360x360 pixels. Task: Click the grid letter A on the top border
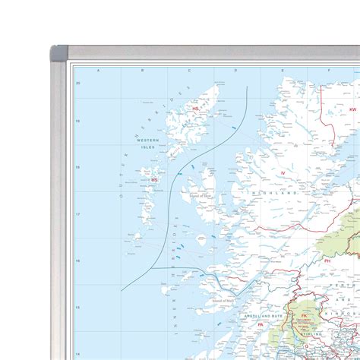(98, 71)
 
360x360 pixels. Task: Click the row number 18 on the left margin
(77, 168)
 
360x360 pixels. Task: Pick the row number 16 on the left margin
(77, 261)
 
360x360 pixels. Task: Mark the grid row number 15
(77, 308)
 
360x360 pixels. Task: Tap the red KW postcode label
(352, 109)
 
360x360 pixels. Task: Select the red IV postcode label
(282, 173)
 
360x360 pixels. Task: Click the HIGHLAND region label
(276, 194)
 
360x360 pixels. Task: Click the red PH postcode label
(327, 261)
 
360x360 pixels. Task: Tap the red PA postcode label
(260, 325)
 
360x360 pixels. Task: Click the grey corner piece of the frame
(58, 54)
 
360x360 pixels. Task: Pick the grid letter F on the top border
(329, 71)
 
